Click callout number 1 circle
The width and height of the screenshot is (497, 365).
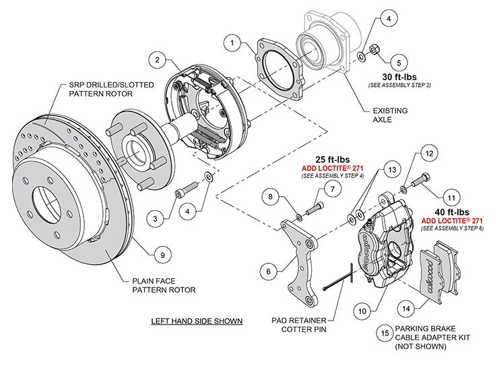coord(233,44)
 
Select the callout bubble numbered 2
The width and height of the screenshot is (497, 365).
coord(157,60)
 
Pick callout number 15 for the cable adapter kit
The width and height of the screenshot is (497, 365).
coord(384,331)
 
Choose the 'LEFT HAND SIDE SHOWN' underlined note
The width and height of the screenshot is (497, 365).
coord(196,321)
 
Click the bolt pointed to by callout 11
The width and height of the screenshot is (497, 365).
coord(420,180)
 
